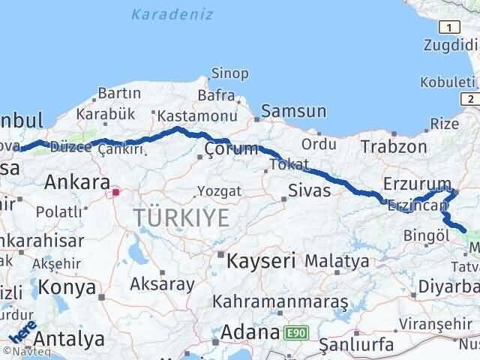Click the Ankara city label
[x=77, y=182]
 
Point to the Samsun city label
[x=293, y=112]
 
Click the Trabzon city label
[x=394, y=147]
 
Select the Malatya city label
[x=337, y=262]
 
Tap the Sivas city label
[x=310, y=190]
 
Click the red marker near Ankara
[x=115, y=192]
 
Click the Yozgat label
[x=220, y=191]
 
